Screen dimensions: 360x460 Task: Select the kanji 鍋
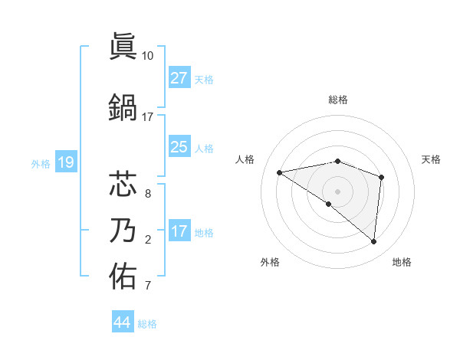pyautogui.click(x=124, y=107)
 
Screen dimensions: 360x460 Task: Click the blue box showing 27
pyautogui.click(x=179, y=78)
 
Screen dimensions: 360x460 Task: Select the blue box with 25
pyautogui.click(x=179, y=147)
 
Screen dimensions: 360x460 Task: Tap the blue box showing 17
pyautogui.click(x=179, y=231)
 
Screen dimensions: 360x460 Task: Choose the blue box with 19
pyautogui.click(x=65, y=162)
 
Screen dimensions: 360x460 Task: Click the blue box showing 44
pyautogui.click(x=122, y=322)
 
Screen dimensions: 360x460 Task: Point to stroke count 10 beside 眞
pyautogui.click(x=147, y=56)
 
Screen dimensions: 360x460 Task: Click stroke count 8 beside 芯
pyautogui.click(x=147, y=194)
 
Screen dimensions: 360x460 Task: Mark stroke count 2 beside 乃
pyautogui.click(x=147, y=240)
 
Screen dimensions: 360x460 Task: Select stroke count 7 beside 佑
pyautogui.click(x=147, y=286)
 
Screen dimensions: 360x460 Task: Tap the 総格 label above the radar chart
pyautogui.click(x=338, y=100)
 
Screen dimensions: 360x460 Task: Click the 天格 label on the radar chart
pyautogui.click(x=431, y=159)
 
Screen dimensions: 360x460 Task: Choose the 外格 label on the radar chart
pyautogui.click(x=270, y=262)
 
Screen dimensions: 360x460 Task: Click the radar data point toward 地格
pyautogui.click(x=374, y=241)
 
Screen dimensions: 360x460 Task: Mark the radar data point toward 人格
pyautogui.click(x=280, y=172)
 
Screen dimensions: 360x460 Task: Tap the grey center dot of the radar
pyautogui.click(x=337, y=191)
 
